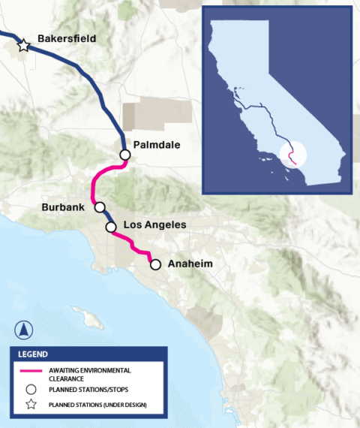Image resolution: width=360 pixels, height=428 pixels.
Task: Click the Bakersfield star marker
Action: coord(24,46)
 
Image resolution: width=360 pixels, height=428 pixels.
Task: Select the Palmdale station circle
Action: coord(125,155)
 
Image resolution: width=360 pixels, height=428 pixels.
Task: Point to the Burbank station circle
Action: coord(99,206)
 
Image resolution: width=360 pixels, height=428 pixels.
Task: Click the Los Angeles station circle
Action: coord(111,226)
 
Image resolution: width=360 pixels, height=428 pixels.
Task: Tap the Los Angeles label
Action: coord(154,225)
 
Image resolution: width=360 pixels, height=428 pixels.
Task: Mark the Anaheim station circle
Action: coord(155,264)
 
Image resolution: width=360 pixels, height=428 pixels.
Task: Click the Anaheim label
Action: coord(190,264)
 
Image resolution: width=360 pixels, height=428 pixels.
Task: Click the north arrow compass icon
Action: coord(25,329)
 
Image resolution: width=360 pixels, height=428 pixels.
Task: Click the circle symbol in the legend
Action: coord(31,390)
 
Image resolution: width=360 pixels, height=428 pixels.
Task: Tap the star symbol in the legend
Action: coord(31,406)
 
